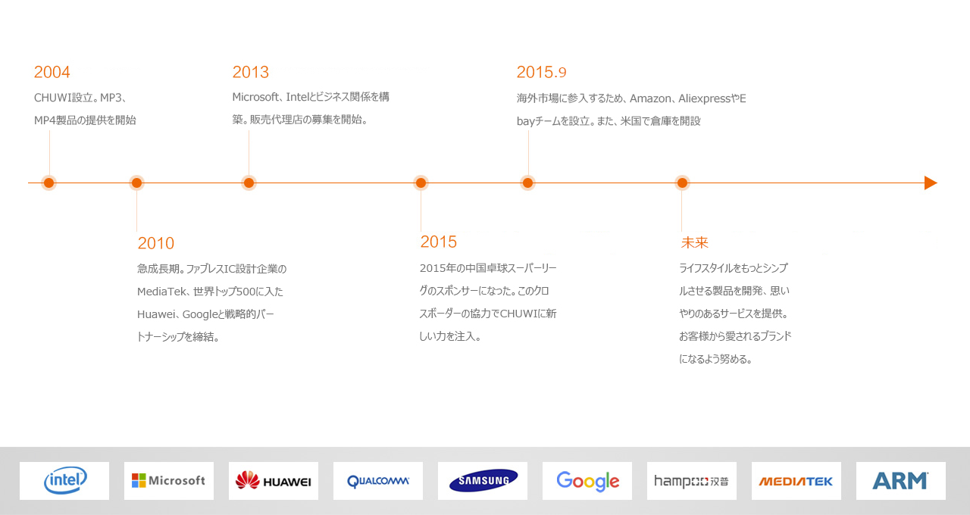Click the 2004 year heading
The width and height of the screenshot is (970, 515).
pos(52,72)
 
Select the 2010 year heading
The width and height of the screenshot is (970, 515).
pos(156,243)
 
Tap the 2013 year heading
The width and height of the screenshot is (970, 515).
pos(250,72)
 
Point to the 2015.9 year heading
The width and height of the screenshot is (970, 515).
pos(541,72)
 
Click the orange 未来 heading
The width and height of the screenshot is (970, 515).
pos(695,242)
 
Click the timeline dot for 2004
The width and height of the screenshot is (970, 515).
pos(49,183)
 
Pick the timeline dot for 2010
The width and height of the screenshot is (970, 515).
pos(136,183)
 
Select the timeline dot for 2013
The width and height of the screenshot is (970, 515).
pos(249,183)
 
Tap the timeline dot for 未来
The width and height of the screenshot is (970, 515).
pos(682,183)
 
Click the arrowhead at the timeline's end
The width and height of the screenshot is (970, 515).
pos(931,183)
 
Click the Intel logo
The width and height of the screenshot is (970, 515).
pos(65,480)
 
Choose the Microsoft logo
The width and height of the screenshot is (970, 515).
pos(168,480)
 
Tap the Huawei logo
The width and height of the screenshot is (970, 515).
pos(274,480)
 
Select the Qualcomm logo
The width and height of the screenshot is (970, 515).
pos(378,481)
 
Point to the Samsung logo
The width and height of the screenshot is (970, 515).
pos(483,480)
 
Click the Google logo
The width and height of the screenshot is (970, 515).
pos(587,481)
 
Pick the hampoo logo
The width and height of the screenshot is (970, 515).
pos(692,481)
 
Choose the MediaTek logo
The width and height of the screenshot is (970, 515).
pos(796,481)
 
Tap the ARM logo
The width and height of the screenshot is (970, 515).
pos(900,480)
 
